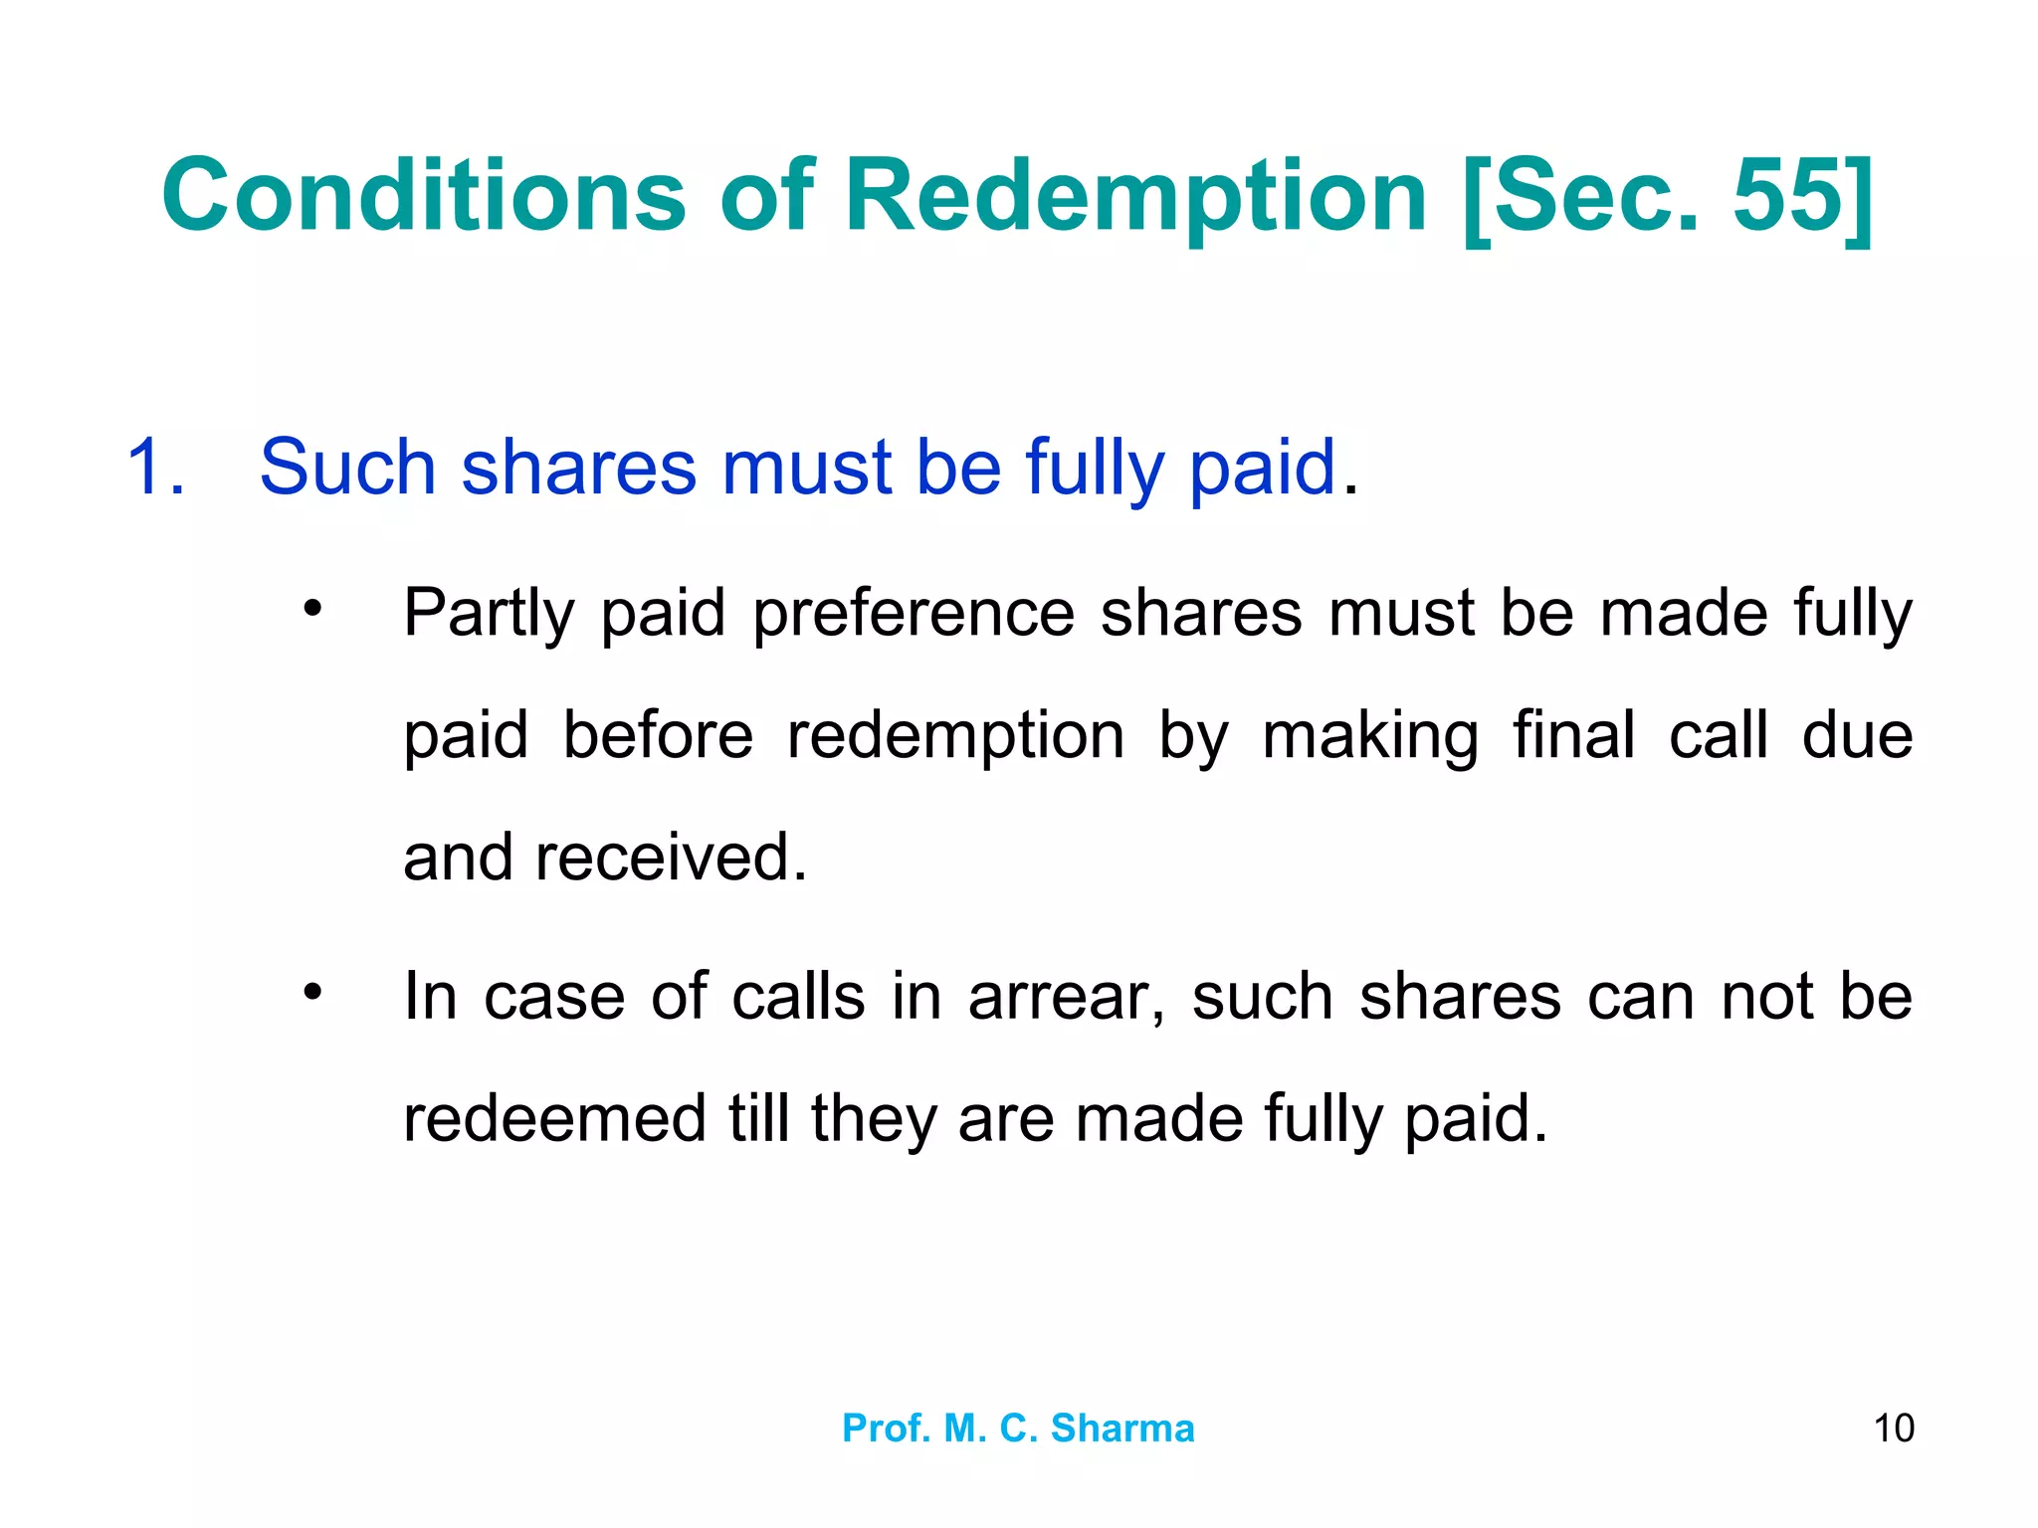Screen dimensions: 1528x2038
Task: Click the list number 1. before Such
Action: (156, 467)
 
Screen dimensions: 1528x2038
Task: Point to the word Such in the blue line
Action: (347, 467)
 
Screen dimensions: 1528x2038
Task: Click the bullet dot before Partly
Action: (313, 607)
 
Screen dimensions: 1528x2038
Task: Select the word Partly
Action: (489, 614)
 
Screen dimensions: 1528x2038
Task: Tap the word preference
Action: (914, 614)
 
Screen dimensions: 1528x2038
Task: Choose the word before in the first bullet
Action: (658, 736)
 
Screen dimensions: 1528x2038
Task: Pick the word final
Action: (1574, 736)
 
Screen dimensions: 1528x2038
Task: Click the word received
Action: (671, 858)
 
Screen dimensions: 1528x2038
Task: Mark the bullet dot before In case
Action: (313, 991)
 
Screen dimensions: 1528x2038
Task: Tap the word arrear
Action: (1066, 997)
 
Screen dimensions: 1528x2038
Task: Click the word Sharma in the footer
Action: (1122, 1429)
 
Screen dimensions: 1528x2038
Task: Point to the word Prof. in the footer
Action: (886, 1429)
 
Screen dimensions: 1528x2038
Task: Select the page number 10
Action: (1894, 1429)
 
